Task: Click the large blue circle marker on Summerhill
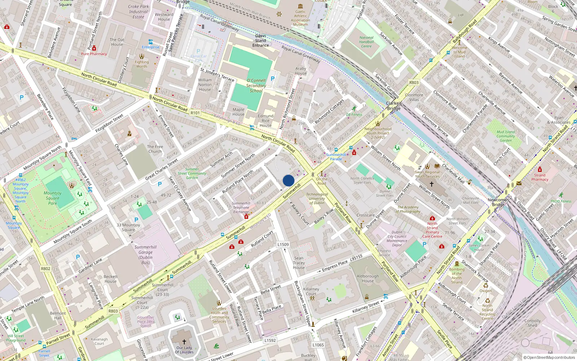click(288, 180)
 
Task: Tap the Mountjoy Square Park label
click(53, 198)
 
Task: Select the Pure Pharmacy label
click(94, 54)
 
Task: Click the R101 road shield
click(195, 113)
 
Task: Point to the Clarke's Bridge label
click(394, 106)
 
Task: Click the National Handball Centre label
click(366, 42)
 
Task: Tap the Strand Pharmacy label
click(539, 177)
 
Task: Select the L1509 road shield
click(283, 244)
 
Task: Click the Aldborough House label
click(368, 278)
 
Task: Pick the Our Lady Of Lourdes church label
click(184, 350)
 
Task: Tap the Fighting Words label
click(142, 64)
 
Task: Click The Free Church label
click(155, 149)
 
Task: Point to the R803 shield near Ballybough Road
click(414, 83)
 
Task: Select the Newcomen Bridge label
click(498, 202)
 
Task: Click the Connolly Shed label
click(533, 323)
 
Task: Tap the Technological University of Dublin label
click(317, 199)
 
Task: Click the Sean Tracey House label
click(299, 263)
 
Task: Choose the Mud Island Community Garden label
click(506, 136)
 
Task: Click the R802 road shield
click(45, 269)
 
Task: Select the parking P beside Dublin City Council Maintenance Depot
click(424, 244)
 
